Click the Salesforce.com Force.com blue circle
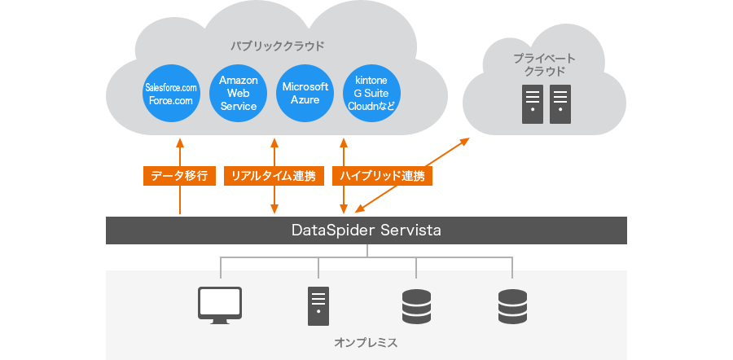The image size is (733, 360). pyautogui.click(x=171, y=94)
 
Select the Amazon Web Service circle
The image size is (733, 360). pyautogui.click(x=239, y=94)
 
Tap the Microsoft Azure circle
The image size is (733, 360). pyautogui.click(x=305, y=94)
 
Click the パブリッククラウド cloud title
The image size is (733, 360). pyautogui.click(x=277, y=46)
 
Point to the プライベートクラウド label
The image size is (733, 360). pyautogui.click(x=544, y=65)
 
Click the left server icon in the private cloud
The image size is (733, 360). pyautogui.click(x=533, y=104)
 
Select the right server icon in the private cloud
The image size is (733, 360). pyautogui.click(x=560, y=104)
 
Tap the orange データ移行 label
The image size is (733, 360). pyautogui.click(x=179, y=176)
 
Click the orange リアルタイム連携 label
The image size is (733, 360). pyautogui.click(x=274, y=176)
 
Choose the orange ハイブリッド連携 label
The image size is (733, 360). pyautogui.click(x=382, y=176)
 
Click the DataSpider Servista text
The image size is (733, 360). pyautogui.click(x=366, y=230)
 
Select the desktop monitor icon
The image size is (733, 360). pyautogui.click(x=220, y=305)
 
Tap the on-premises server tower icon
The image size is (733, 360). pyautogui.click(x=318, y=306)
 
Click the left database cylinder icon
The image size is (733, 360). pyautogui.click(x=416, y=306)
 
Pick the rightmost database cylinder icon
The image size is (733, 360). pyautogui.click(x=512, y=306)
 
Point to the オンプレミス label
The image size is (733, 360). pyautogui.click(x=366, y=343)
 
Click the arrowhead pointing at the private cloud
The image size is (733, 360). pyautogui.click(x=463, y=141)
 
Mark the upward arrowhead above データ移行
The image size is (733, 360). pyautogui.click(x=179, y=143)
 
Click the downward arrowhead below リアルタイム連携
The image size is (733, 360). pyautogui.click(x=274, y=209)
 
